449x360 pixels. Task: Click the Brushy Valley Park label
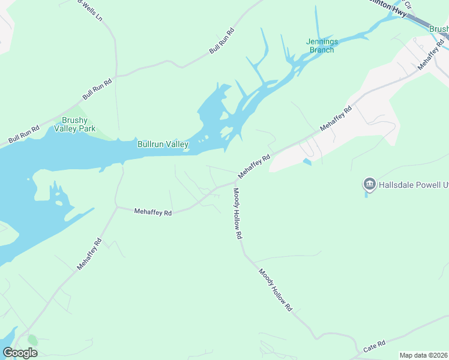pyautogui.click(x=75, y=124)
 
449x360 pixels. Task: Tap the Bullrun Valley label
pyautogui.click(x=163, y=144)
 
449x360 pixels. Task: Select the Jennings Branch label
pyautogui.click(x=322, y=46)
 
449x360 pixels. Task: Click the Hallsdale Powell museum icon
pyautogui.click(x=369, y=184)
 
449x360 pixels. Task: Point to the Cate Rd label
pyautogui.click(x=375, y=347)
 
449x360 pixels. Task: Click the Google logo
pyautogui.click(x=20, y=353)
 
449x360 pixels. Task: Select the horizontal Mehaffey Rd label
pyautogui.click(x=153, y=212)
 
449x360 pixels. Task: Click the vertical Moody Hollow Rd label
pyautogui.click(x=237, y=214)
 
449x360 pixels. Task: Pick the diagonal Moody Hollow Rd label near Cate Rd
pyautogui.click(x=276, y=290)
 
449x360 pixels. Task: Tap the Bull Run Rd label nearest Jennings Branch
pyautogui.click(x=221, y=41)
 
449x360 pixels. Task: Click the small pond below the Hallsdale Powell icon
pyautogui.click(x=366, y=194)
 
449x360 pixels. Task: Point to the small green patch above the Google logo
pyautogui.click(x=32, y=340)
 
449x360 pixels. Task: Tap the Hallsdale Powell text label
pyautogui.click(x=413, y=185)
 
